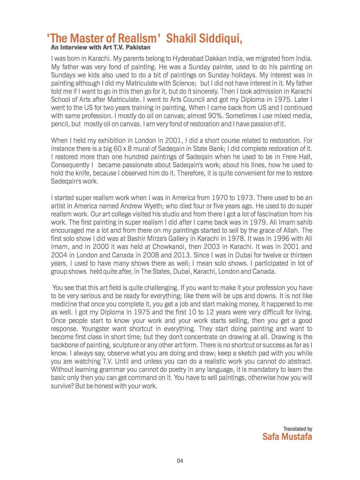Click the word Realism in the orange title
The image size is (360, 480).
point(135,38)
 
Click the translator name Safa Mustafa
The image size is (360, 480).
point(287,437)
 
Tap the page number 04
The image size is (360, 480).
point(180,461)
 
